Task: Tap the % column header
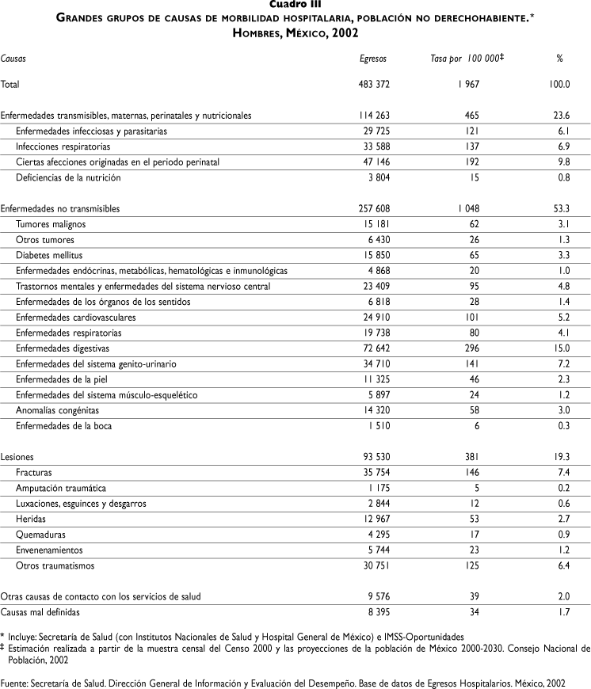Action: (559, 59)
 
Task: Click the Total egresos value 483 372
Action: (371, 83)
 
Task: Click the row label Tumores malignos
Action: (51, 224)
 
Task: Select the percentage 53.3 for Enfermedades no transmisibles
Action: (560, 208)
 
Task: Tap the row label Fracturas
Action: (33, 472)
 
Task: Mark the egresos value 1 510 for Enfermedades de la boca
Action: (376, 425)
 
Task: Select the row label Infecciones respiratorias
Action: (63, 147)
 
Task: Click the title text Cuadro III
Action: (295, 4)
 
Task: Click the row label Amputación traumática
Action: (60, 488)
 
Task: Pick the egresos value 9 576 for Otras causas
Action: (376, 596)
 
